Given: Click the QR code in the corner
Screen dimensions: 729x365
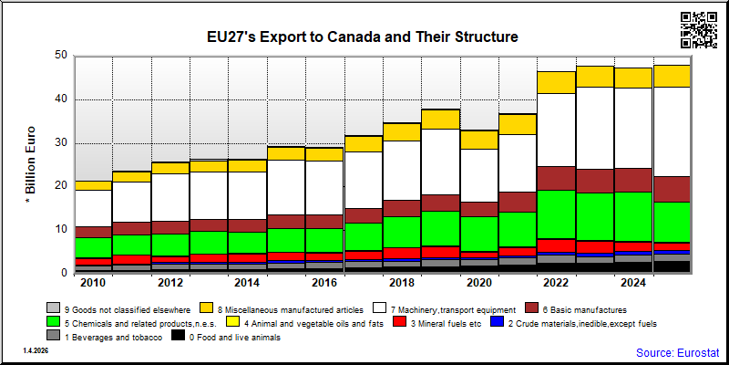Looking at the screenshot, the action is point(699,30).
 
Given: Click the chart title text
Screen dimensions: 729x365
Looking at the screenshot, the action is point(363,36).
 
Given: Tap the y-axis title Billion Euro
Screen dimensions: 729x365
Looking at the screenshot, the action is point(30,165).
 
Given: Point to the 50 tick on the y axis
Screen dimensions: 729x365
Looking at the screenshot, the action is point(63,56).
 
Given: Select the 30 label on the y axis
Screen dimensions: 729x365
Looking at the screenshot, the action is point(63,143).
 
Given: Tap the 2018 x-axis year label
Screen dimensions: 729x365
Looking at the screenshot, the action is point(403,283).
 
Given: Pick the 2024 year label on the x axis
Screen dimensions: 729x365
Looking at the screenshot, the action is point(634,283).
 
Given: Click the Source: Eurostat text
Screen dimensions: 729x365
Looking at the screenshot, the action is point(678,352).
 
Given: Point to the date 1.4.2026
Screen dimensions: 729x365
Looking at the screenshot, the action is point(36,350).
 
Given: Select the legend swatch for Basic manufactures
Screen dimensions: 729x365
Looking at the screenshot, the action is point(531,308).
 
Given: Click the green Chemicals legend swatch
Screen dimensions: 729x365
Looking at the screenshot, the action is point(54,322).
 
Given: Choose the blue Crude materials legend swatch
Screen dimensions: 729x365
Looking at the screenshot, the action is point(498,322).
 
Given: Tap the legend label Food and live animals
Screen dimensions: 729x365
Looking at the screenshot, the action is point(235,338).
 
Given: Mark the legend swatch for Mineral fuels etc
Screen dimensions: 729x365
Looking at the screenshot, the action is point(399,322).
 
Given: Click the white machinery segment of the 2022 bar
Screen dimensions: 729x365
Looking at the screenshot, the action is point(556,130).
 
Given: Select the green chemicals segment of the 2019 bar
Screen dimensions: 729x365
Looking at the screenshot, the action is point(441,229).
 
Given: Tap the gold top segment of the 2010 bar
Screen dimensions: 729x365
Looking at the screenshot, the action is point(94,186).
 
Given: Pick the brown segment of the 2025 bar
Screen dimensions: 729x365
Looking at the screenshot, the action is point(672,190).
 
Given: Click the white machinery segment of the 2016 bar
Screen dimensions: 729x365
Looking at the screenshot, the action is point(324,188).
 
